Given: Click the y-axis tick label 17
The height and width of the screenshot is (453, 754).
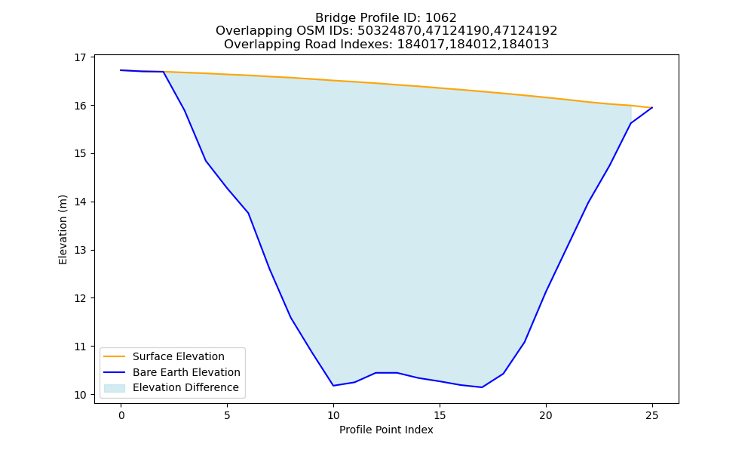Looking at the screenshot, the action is pyautogui.click(x=80, y=57).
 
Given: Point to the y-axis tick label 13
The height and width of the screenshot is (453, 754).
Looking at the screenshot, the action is pyautogui.click(x=80, y=251).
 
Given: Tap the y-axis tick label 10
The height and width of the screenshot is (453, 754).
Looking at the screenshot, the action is pyautogui.click(x=80, y=395).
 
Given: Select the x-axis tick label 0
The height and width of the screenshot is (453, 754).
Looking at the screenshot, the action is pyautogui.click(x=121, y=415).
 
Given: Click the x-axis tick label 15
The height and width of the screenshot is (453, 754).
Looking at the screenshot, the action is pyautogui.click(x=440, y=415).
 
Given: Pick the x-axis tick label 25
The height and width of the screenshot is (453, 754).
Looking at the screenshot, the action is pyautogui.click(x=652, y=415).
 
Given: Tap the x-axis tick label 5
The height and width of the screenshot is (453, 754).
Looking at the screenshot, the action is pyautogui.click(x=227, y=415).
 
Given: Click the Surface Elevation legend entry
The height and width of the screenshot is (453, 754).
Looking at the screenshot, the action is pyautogui.click(x=164, y=356).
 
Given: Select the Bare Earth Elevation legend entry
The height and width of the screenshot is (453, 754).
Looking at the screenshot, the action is pyautogui.click(x=172, y=372).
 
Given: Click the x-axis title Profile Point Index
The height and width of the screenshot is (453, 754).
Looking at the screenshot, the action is pyautogui.click(x=386, y=430).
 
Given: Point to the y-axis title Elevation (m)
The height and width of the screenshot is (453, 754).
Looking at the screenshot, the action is pyautogui.click(x=63, y=230).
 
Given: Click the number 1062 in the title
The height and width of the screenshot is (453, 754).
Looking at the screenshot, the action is pyautogui.click(x=441, y=18).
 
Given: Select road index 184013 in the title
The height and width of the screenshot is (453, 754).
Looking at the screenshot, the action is pyautogui.click(x=526, y=45).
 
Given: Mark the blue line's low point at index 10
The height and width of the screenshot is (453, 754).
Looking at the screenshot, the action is pyautogui.click(x=333, y=386).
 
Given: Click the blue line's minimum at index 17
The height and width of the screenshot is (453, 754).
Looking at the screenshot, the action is pyautogui.click(x=482, y=387).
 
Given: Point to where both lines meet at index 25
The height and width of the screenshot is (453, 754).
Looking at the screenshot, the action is pyautogui.click(x=652, y=107).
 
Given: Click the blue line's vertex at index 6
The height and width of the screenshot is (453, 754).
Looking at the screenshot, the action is pyautogui.click(x=248, y=213).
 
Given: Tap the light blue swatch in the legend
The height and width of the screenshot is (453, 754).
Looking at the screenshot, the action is pyautogui.click(x=115, y=388).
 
